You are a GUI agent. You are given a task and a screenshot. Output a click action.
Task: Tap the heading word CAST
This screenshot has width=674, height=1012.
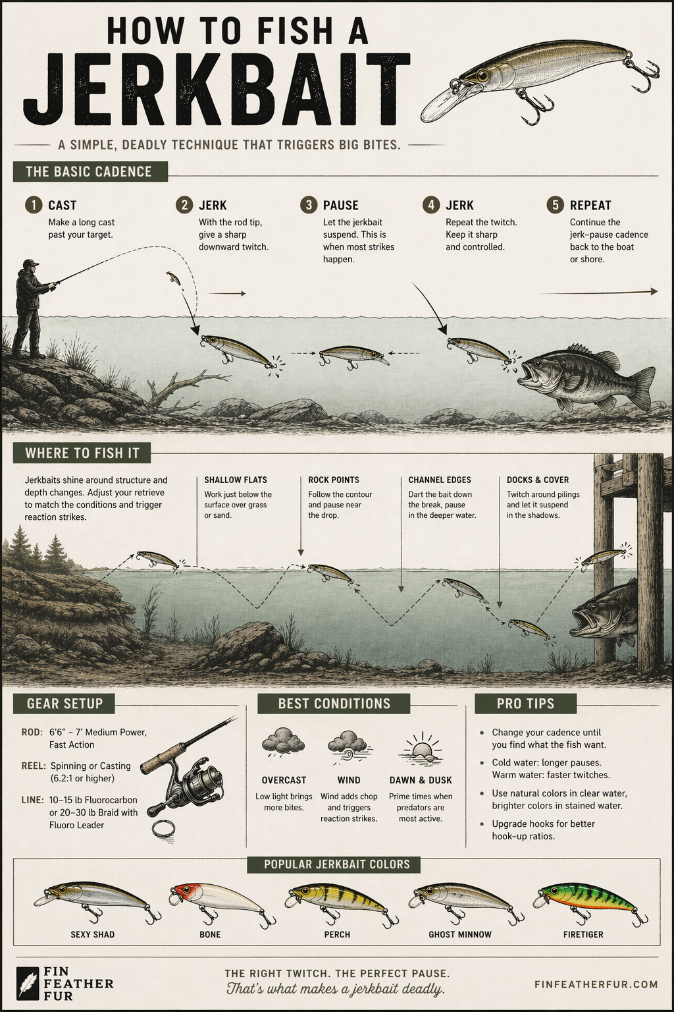click(x=63, y=205)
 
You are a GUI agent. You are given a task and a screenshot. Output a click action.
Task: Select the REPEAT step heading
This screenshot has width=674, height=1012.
click(x=590, y=205)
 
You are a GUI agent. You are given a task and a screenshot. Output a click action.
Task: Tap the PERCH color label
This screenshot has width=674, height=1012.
click(x=337, y=934)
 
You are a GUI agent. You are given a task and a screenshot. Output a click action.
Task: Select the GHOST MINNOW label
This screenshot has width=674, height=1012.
click(x=460, y=934)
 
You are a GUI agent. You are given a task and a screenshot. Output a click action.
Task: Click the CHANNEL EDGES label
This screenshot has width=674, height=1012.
click(x=440, y=480)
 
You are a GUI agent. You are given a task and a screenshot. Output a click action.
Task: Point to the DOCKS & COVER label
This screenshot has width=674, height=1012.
click(x=538, y=480)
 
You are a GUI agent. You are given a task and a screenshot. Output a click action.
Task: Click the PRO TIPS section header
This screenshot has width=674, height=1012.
click(x=525, y=704)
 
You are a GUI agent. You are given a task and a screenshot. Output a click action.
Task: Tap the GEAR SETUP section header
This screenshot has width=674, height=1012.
click(x=65, y=704)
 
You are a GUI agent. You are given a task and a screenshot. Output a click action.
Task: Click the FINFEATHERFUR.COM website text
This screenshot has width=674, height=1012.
click(x=598, y=984)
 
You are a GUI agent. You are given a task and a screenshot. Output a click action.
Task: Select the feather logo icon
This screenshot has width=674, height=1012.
click(x=28, y=984)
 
